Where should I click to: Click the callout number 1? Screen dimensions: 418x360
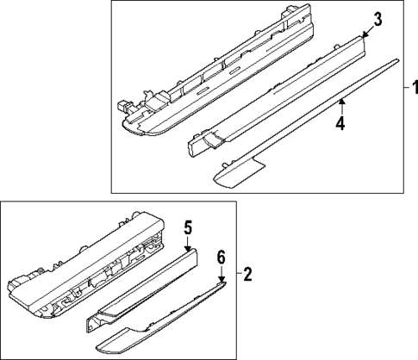pos(415,87)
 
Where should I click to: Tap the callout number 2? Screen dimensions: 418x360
pos(247,274)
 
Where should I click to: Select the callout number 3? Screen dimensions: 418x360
pos(377,20)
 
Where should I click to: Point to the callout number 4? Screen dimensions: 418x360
pos(340,123)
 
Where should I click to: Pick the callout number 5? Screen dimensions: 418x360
pos(188,227)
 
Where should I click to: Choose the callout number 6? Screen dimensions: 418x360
pos(221,258)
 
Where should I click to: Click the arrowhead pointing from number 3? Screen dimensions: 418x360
pos(365,35)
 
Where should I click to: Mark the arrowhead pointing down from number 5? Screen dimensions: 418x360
pos(188,249)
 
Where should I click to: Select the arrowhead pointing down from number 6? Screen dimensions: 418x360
pos(221,279)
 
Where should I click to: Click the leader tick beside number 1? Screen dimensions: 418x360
pos(407,87)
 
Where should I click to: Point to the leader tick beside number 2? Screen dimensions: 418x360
pos(240,274)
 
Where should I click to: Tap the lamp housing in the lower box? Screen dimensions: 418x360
pos(86,265)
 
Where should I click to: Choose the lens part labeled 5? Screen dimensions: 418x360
pos(142,290)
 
